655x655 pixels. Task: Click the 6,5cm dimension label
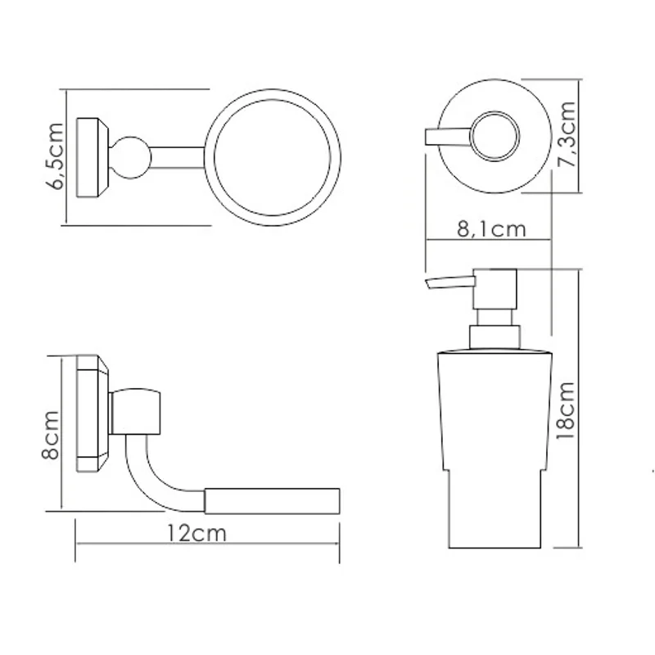click(x=55, y=156)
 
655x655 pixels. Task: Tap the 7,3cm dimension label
click(x=567, y=134)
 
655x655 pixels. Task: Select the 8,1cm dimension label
click(x=491, y=229)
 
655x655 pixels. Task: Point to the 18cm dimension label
click(x=566, y=410)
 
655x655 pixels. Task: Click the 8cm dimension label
click(x=51, y=436)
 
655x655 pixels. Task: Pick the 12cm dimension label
click(x=196, y=534)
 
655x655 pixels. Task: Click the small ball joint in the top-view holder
click(x=130, y=158)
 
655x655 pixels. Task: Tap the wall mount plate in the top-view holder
click(x=93, y=157)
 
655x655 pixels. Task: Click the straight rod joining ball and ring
click(x=178, y=158)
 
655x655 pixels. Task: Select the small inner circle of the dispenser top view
click(x=495, y=136)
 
